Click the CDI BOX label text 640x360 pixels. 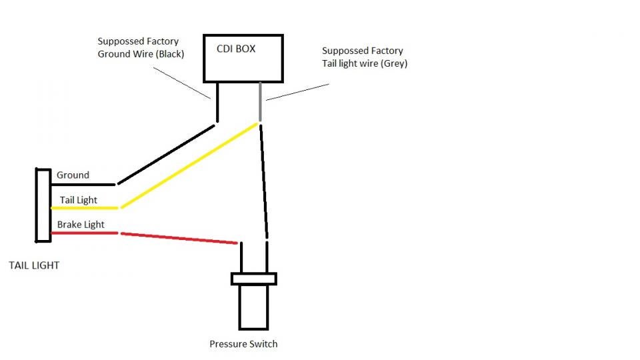tap(236, 49)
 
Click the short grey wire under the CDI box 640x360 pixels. tap(260, 101)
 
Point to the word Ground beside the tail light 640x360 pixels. tap(73, 175)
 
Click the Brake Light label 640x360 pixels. tap(81, 225)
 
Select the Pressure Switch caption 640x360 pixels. tap(243, 344)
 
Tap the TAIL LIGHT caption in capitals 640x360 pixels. tap(34, 265)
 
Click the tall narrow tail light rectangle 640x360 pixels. tap(42, 205)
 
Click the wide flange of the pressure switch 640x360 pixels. tap(253, 279)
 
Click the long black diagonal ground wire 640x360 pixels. tap(167, 154)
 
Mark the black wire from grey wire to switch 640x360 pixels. tap(265, 180)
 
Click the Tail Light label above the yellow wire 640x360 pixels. tap(79, 200)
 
